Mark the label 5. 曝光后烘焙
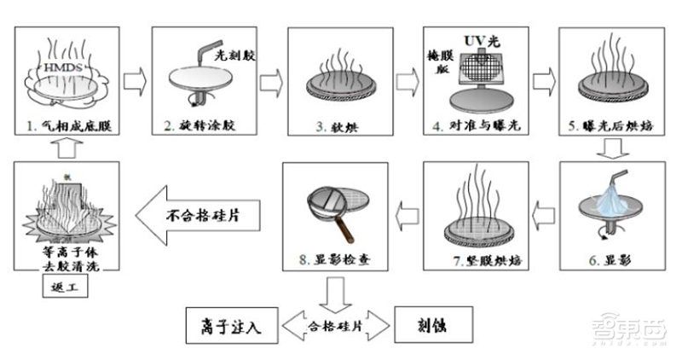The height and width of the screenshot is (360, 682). [x=608, y=128]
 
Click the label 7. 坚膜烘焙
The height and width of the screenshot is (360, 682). [x=474, y=258]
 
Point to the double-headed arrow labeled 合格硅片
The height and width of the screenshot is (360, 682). [x=333, y=324]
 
